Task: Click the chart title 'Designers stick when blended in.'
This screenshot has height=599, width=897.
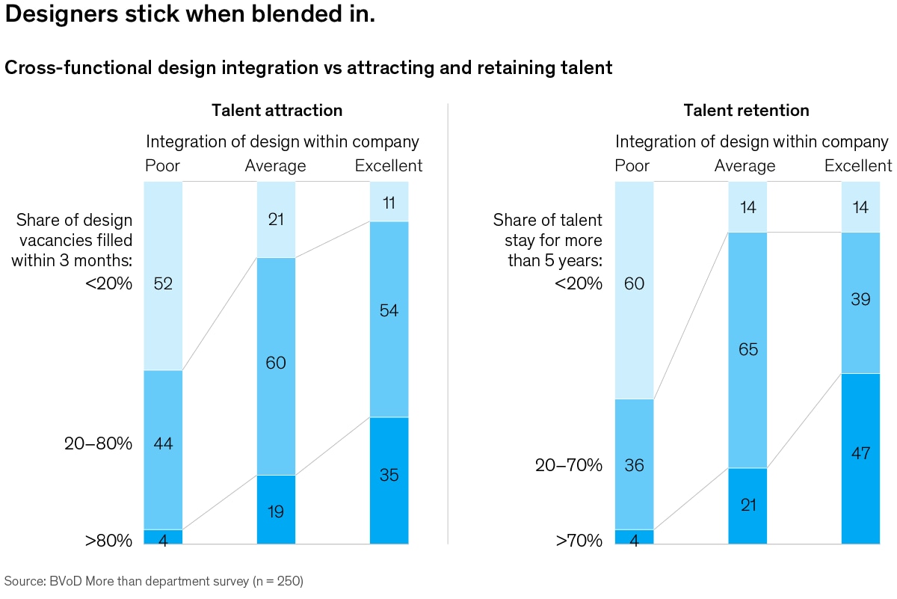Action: point(190,16)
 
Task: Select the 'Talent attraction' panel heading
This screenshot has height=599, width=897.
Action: point(277,111)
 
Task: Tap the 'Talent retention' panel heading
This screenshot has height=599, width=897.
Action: point(746,111)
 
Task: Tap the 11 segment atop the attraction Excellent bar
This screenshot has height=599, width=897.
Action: point(389,201)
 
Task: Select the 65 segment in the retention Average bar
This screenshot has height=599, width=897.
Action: point(747,350)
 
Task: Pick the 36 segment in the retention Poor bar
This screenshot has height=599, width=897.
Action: point(634,464)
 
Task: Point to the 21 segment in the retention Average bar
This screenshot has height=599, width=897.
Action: point(747,506)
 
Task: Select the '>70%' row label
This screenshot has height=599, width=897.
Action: point(579,540)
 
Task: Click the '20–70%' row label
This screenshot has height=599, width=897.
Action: point(568,465)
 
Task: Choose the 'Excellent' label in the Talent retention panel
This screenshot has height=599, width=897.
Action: point(858,165)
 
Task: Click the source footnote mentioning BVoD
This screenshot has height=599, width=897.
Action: point(154,580)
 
